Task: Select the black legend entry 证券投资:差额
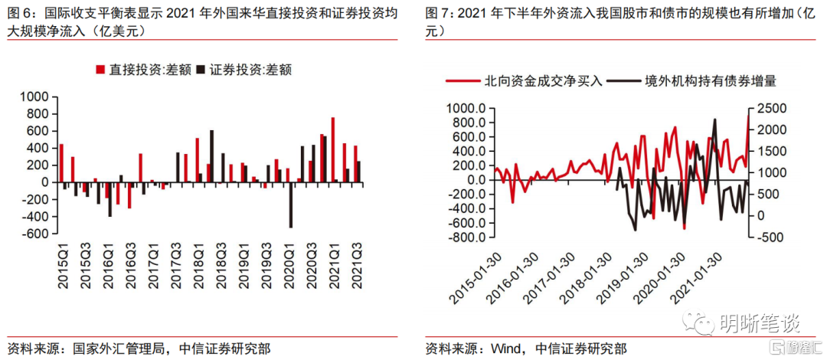click(244, 70)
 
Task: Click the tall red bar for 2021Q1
click(333, 150)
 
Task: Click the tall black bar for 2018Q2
click(212, 156)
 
